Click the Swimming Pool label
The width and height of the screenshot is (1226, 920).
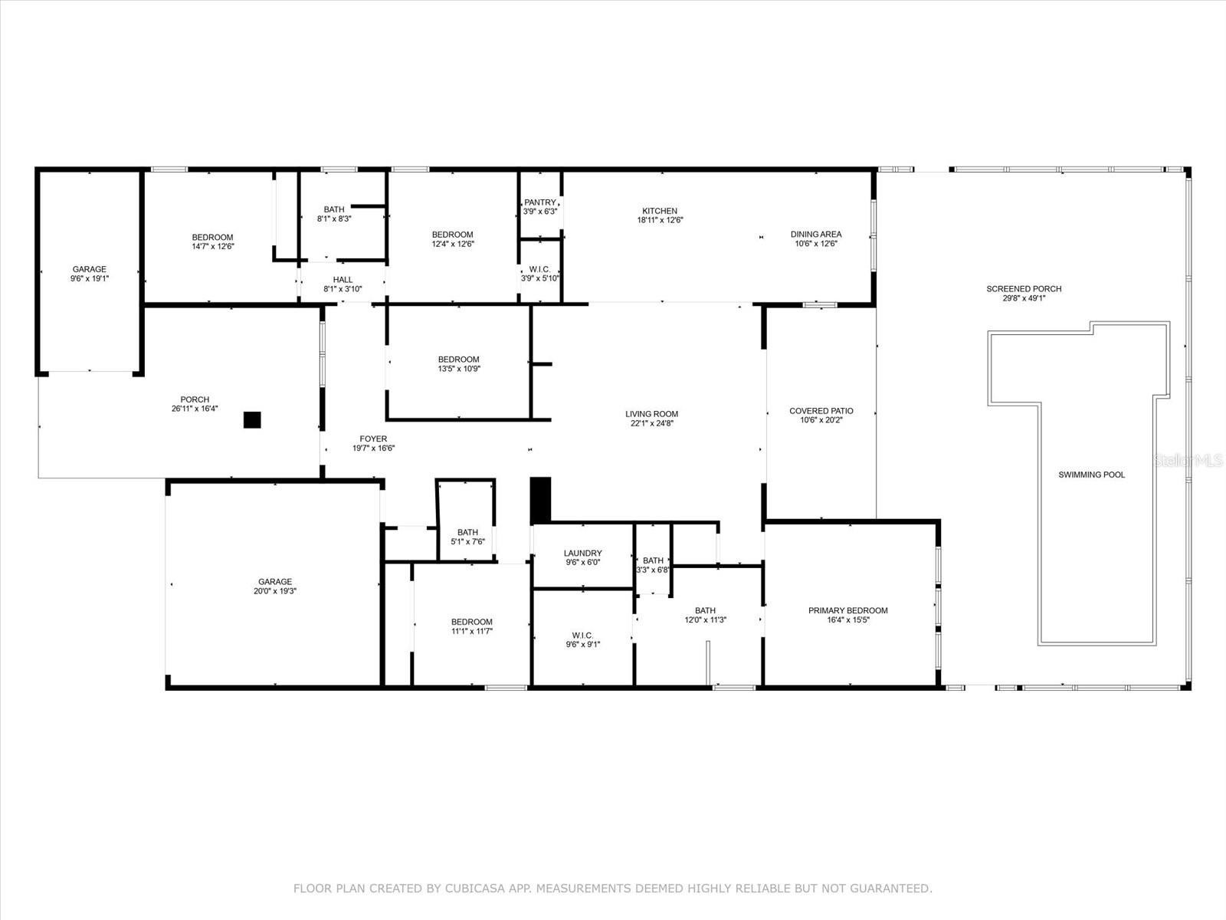click(x=1091, y=475)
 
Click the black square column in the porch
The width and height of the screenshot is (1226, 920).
click(x=252, y=419)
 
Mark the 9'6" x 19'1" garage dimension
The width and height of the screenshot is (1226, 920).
click(x=90, y=278)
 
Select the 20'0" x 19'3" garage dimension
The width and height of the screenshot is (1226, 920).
click(x=275, y=591)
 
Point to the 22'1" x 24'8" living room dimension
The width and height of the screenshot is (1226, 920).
click(x=652, y=423)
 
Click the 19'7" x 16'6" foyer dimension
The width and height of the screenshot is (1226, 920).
click(x=373, y=448)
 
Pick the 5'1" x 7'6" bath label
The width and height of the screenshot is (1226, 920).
click(x=467, y=537)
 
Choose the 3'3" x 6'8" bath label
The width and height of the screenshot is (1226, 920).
click(x=653, y=565)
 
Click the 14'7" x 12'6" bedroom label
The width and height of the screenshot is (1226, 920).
click(x=213, y=242)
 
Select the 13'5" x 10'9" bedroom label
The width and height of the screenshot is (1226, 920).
click(x=458, y=364)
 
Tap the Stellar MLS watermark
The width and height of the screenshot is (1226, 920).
click(x=1188, y=461)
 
